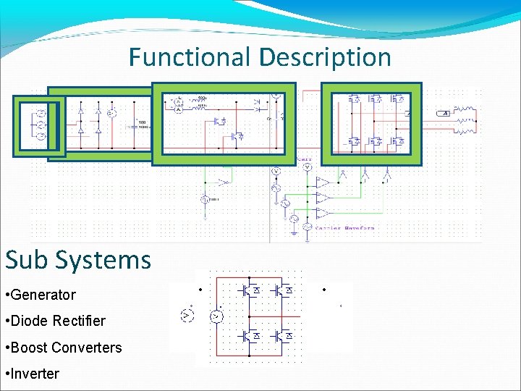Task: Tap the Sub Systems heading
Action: [78, 259]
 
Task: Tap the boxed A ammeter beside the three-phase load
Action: [446, 114]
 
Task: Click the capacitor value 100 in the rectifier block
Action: [143, 122]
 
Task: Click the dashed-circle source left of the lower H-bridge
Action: [186, 316]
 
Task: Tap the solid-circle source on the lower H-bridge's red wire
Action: [215, 316]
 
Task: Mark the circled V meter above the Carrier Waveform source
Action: [307, 167]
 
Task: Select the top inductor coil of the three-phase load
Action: [469, 113]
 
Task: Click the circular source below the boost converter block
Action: [206, 199]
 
